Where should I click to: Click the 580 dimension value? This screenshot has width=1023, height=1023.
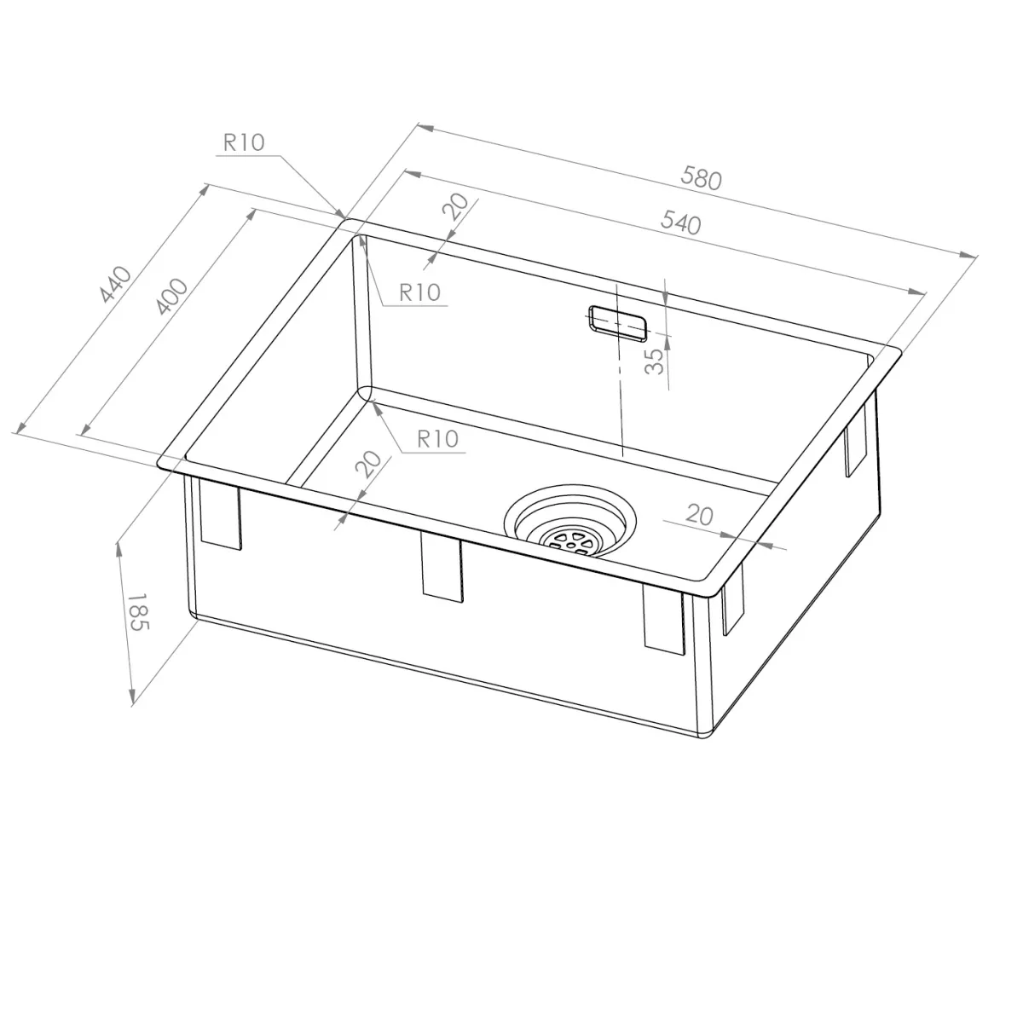click(701, 178)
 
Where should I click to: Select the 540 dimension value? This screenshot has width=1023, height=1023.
click(680, 223)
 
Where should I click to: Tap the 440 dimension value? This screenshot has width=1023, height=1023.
click(116, 285)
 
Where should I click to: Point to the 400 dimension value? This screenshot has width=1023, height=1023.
click(171, 296)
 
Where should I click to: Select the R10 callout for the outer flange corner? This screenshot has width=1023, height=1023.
click(244, 142)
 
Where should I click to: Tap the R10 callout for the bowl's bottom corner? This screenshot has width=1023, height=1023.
click(437, 439)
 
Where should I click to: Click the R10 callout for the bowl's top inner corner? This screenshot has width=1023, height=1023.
click(419, 292)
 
